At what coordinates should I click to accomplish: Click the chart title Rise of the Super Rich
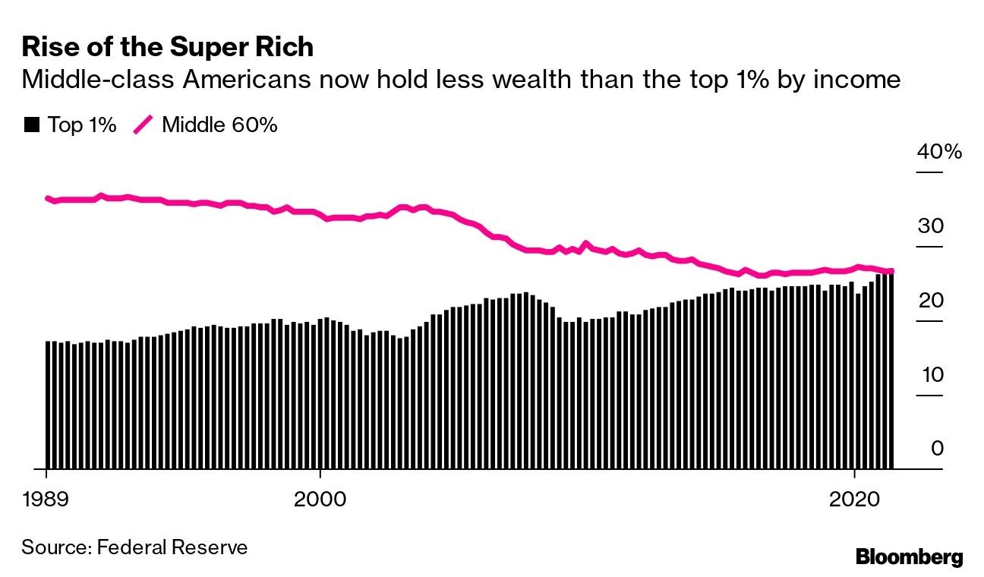(x=168, y=47)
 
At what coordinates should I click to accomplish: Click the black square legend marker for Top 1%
(x=31, y=125)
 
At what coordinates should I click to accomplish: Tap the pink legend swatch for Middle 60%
(x=143, y=125)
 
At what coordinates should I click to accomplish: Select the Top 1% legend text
(x=82, y=125)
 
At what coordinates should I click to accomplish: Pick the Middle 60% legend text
(x=219, y=125)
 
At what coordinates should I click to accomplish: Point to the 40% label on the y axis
(x=938, y=152)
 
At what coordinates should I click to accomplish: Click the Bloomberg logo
(x=909, y=557)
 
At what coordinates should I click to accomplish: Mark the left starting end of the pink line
(x=48, y=198)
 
